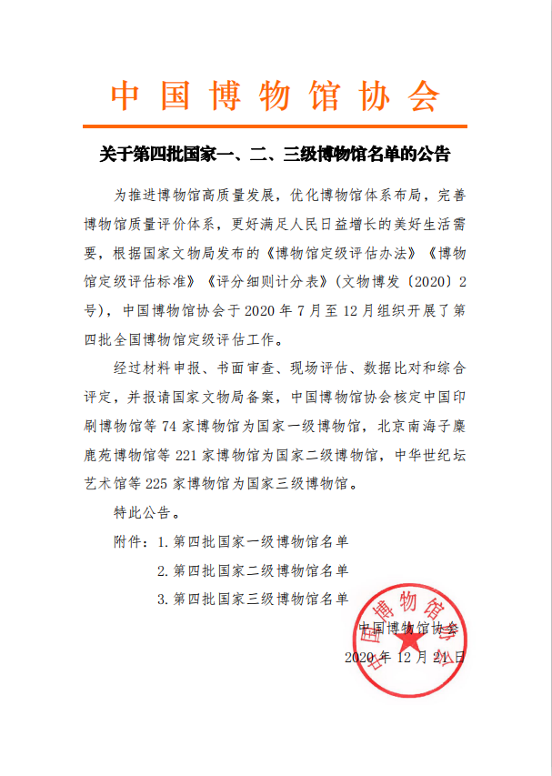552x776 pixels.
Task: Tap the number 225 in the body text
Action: pos(159,484)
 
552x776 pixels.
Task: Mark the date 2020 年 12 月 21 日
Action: pos(406,655)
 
